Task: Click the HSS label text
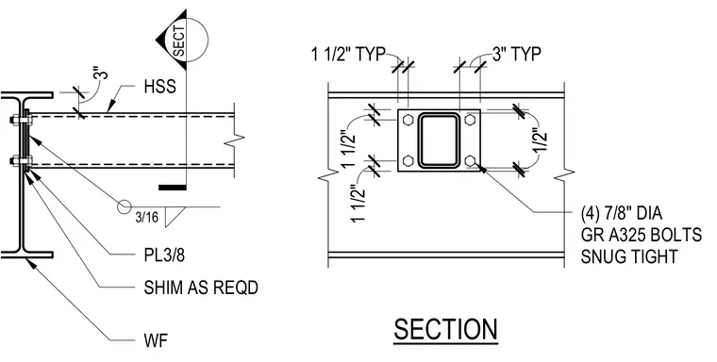(159, 87)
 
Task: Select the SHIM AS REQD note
(201, 288)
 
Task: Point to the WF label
(156, 340)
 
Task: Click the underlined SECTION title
(446, 330)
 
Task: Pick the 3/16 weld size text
(147, 217)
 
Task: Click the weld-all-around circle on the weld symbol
(124, 206)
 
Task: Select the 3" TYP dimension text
(517, 55)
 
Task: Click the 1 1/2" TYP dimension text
(348, 55)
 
